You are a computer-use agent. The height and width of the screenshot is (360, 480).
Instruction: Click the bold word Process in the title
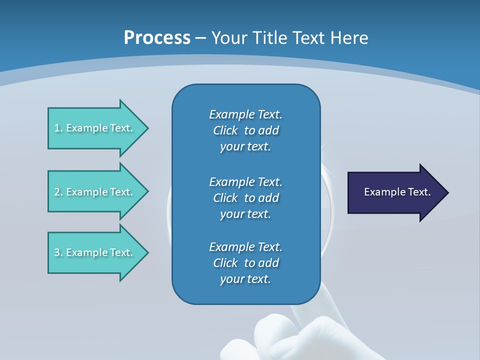tap(157, 38)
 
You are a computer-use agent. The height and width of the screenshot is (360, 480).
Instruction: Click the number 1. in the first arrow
tap(58, 128)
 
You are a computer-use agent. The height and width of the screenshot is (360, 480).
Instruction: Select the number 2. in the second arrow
tap(58, 192)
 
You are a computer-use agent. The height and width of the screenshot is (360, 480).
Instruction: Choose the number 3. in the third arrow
tap(58, 252)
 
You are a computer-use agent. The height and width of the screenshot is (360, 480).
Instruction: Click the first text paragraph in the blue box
tap(245, 130)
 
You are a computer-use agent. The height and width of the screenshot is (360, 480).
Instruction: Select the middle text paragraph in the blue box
tap(245, 198)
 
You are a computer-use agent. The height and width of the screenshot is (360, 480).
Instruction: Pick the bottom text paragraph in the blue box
tap(245, 263)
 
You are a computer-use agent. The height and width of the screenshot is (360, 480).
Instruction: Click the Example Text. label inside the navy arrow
tap(397, 192)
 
